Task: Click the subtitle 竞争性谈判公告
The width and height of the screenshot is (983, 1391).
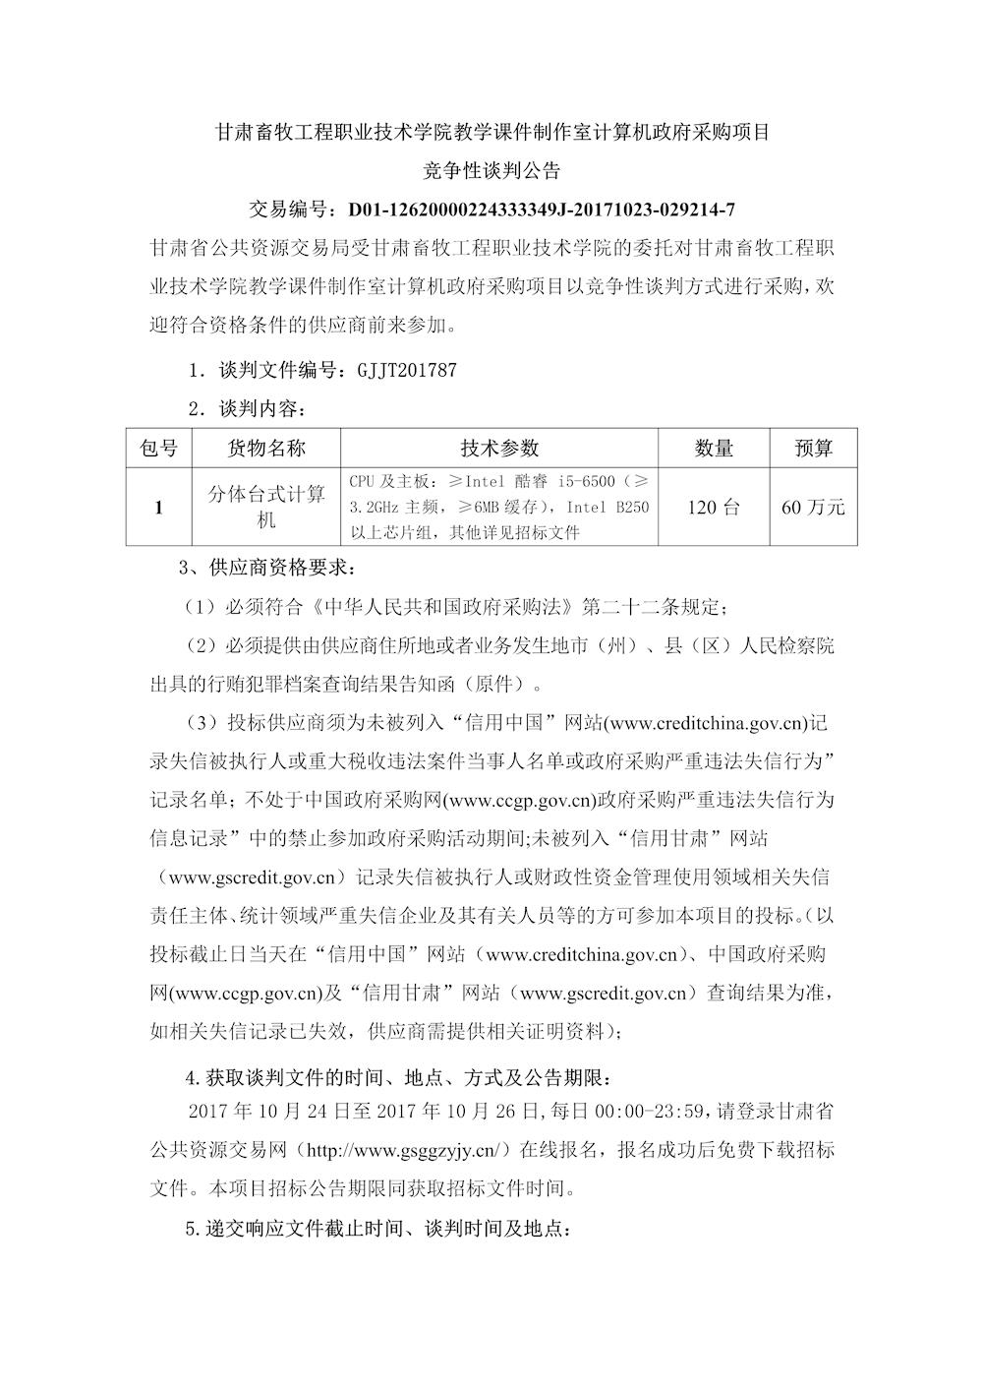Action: pos(491,170)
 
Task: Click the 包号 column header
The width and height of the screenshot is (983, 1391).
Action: pos(159,448)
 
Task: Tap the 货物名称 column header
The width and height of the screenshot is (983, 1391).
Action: pos(266,448)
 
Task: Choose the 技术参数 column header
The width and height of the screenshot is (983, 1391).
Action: pos(499,448)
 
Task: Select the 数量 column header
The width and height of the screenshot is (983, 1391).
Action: pos(714,448)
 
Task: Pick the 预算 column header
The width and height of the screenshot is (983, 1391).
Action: pos(813,448)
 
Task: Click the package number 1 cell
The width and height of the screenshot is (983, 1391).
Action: pos(159,508)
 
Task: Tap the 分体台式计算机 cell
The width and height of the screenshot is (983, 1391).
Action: pos(266,508)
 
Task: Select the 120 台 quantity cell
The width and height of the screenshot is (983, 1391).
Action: pos(714,508)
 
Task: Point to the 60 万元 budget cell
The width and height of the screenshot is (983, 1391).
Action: pos(813,508)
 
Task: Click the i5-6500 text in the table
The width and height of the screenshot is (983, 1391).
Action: pos(586,482)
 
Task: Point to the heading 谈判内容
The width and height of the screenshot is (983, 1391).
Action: pos(258,408)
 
